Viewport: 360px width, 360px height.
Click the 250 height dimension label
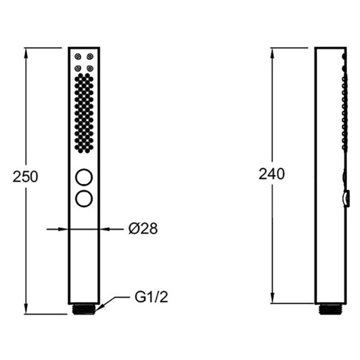tap(25, 177)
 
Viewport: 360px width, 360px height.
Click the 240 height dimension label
tap(272, 174)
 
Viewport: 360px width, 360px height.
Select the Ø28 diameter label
tap(143, 229)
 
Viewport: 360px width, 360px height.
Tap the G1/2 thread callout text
tap(151, 297)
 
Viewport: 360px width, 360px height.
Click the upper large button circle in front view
tap(84, 177)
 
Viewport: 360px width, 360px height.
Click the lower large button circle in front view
tap(84, 199)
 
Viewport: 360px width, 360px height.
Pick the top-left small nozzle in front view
tap(78, 56)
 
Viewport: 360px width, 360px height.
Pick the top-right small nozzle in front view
tap(90, 56)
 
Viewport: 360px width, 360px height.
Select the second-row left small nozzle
tap(78, 68)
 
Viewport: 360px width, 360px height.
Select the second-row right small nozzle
tap(90, 68)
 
